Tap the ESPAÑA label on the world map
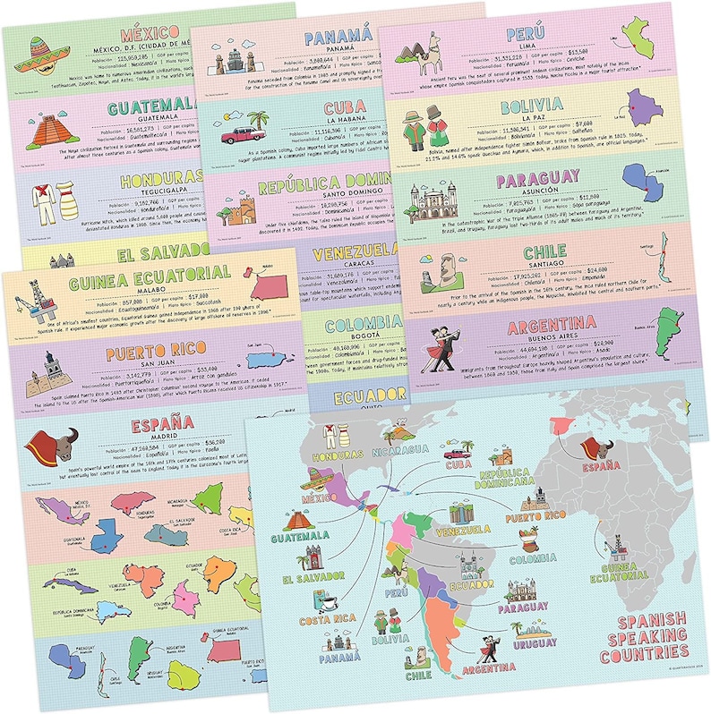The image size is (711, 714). [x=601, y=466]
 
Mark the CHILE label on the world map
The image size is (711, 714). [x=417, y=674]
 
